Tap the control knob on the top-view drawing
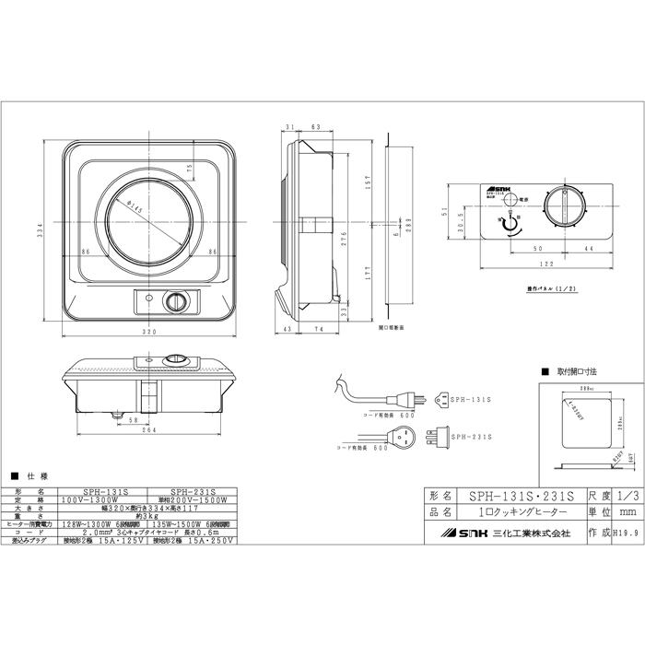tap(173, 301)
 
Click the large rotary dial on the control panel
tap(565, 206)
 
